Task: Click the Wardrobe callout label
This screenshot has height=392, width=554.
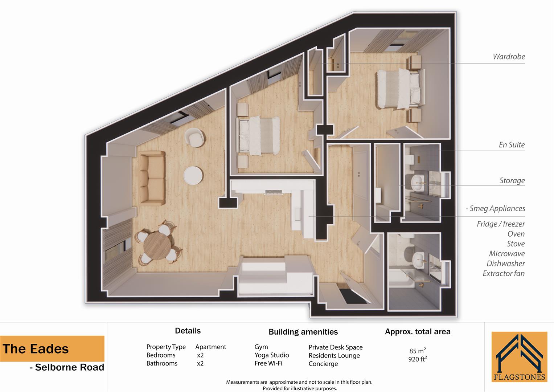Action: point(509,57)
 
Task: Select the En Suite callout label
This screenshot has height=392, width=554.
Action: point(512,145)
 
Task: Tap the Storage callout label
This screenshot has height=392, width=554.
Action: point(512,180)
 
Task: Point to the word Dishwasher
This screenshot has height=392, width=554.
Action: point(505,264)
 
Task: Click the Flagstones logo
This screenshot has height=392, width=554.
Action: point(519,357)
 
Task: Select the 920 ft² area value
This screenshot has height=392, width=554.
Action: point(417,359)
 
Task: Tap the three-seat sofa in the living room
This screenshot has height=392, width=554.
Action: point(152,179)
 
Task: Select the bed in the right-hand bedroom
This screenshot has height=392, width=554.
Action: point(398,89)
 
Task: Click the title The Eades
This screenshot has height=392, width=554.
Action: point(36,349)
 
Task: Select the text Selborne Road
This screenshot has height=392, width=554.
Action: point(69,367)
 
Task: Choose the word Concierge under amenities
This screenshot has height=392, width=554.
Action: point(323,364)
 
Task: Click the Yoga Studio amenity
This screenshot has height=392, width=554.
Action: point(271,355)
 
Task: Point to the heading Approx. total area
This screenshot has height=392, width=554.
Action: point(417,331)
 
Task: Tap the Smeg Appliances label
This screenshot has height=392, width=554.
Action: point(497,208)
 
